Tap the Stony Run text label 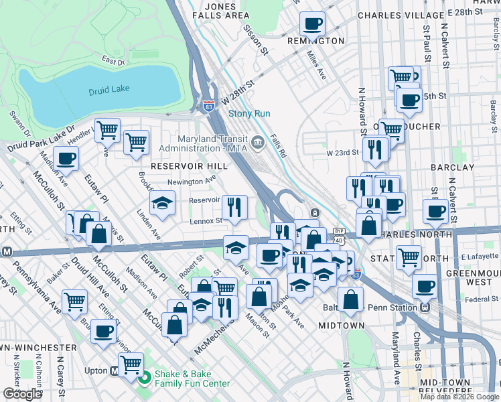pyautogui.click(x=249, y=113)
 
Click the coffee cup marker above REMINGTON pyautogui.click(x=311, y=25)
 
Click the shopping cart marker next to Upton pyautogui.click(x=130, y=364)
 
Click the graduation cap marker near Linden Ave pyautogui.click(x=161, y=203)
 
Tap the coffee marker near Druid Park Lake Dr pyautogui.click(x=66, y=159)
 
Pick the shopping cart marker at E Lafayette pyautogui.click(x=409, y=257)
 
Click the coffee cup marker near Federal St pyautogui.click(x=425, y=286)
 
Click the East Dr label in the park pyautogui.click(x=113, y=61)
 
